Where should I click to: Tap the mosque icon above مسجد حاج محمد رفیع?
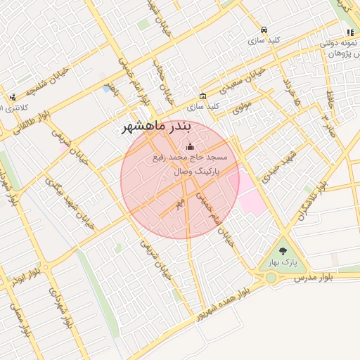(x=189, y=147)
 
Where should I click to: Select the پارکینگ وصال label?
(x=197, y=171)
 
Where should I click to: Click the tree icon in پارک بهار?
(x=283, y=251)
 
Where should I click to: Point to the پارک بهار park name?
(x=283, y=264)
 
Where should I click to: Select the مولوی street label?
(x=241, y=108)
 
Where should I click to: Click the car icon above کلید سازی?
(x=263, y=30)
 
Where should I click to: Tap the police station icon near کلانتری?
(x=13, y=97)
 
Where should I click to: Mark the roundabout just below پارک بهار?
(x=271, y=278)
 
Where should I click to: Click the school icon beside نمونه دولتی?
(x=349, y=33)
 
